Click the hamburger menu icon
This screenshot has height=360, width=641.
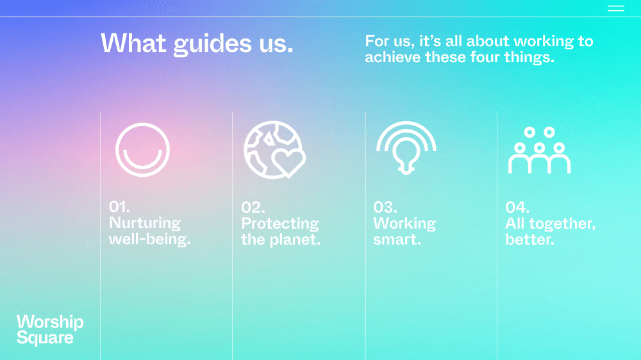(x=615, y=8)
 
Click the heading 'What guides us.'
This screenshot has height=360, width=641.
(x=197, y=44)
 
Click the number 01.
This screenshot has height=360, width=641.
(x=119, y=207)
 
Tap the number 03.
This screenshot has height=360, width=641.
(x=385, y=207)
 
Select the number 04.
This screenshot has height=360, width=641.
(x=517, y=207)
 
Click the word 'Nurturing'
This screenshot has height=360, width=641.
(x=145, y=224)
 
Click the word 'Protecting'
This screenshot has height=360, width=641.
(x=280, y=224)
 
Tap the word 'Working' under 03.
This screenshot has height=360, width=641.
(x=404, y=224)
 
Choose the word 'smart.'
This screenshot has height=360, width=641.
(x=397, y=240)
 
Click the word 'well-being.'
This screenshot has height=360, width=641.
(x=149, y=240)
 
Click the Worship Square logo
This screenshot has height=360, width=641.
(x=50, y=330)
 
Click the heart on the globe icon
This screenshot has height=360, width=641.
(x=288, y=162)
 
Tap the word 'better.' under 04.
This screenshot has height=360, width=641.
(x=530, y=240)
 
